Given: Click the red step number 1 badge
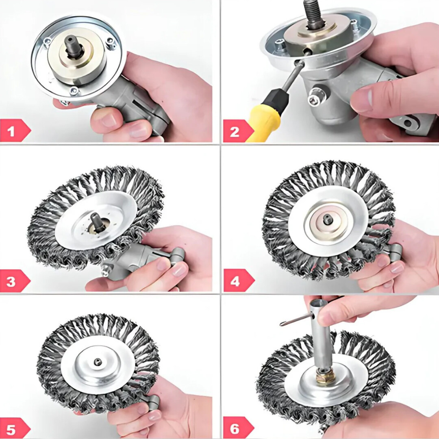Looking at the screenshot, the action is point(15,131).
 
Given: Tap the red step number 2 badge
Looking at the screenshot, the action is point(238,131).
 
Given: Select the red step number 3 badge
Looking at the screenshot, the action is point(15,281).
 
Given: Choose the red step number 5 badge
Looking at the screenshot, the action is point(15,428).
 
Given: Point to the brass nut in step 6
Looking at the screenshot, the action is point(324,376).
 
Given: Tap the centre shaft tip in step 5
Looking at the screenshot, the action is point(98,361).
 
